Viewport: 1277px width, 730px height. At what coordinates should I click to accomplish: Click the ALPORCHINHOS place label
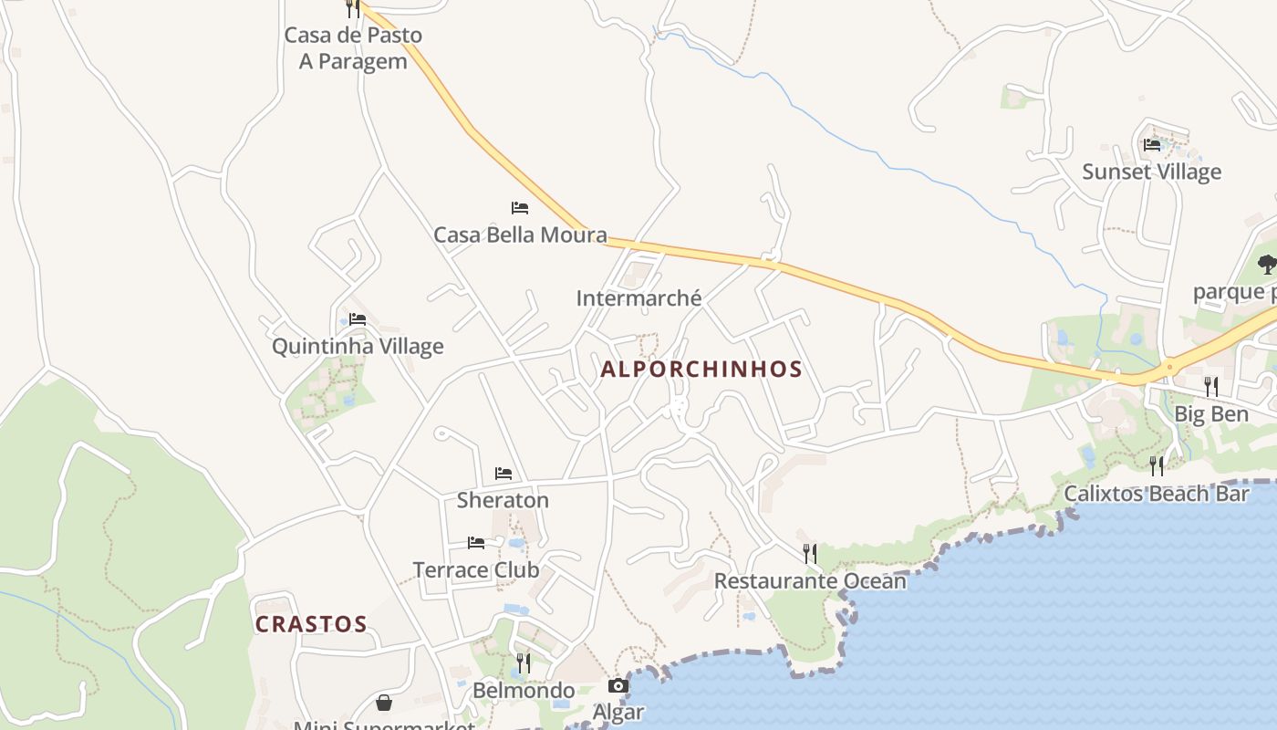[701, 370]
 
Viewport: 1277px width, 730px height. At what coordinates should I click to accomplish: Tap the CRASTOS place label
[311, 625]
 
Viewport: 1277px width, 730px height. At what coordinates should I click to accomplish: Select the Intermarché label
[638, 298]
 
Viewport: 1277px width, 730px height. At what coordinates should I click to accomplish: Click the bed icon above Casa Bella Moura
[520, 208]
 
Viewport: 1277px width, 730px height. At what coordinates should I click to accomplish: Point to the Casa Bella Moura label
[520, 235]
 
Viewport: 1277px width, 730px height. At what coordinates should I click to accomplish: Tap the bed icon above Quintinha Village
[358, 319]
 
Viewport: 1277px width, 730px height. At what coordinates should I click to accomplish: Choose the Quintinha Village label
[358, 347]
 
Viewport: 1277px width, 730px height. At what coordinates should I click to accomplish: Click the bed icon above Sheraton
[504, 473]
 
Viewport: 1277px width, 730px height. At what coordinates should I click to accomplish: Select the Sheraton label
[503, 500]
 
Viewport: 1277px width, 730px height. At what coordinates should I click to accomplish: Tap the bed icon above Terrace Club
[476, 543]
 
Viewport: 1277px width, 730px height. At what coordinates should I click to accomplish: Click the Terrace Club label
[476, 570]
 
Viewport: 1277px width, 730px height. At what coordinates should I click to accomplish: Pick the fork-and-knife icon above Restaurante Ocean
[809, 553]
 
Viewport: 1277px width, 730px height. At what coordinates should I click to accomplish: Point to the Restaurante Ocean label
[810, 581]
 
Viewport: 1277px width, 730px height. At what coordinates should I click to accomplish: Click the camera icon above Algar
[618, 686]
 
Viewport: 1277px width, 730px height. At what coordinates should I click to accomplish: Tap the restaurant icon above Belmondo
[524, 662]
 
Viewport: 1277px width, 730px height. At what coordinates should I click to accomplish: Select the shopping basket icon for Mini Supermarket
[384, 703]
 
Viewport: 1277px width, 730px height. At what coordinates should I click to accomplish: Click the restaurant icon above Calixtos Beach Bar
[1157, 466]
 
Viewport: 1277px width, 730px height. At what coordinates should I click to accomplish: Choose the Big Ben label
[1210, 415]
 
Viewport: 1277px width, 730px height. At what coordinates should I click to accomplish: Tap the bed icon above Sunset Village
[1152, 144]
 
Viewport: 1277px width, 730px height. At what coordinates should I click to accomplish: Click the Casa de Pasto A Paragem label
[353, 48]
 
